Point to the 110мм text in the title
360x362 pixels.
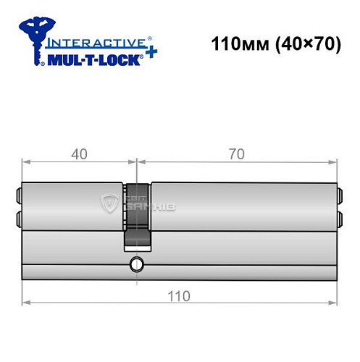[233, 44]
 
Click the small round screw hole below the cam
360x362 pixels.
[135, 265]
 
